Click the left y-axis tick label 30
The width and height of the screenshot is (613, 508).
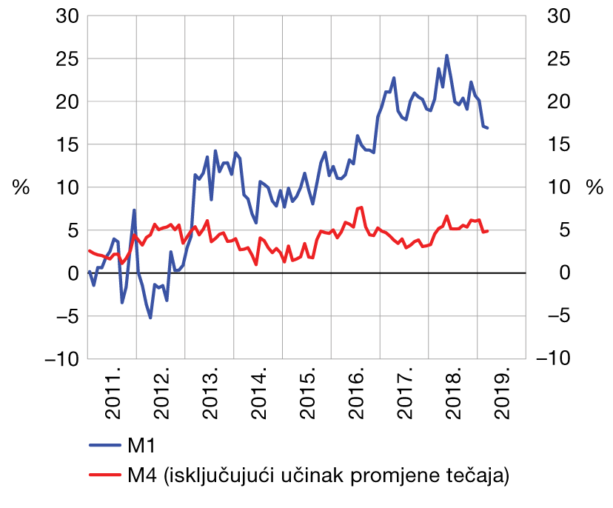pyautogui.click(x=67, y=16)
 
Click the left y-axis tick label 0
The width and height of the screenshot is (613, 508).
pyautogui.click(x=73, y=274)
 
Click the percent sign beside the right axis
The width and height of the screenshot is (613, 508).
pyautogui.click(x=594, y=188)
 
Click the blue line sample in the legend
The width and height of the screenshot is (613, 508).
pyautogui.click(x=104, y=446)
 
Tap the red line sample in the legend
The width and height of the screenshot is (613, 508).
pyautogui.click(x=104, y=475)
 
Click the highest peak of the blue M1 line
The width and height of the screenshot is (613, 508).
pyautogui.click(x=446, y=56)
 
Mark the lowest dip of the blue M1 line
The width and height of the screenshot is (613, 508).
pyautogui.click(x=150, y=318)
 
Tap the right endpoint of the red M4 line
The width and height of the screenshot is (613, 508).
pyautogui.click(x=488, y=231)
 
